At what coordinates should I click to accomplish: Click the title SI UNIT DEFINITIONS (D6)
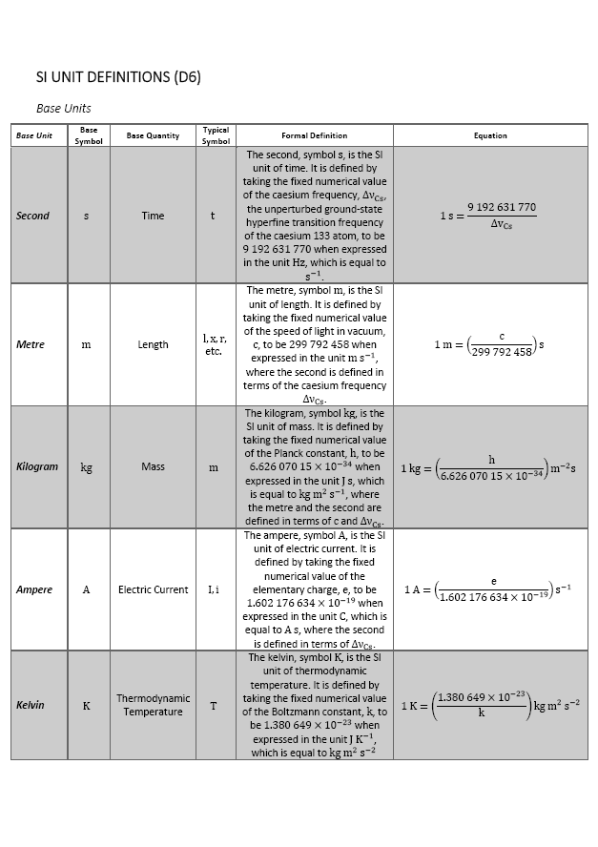[x=118, y=77]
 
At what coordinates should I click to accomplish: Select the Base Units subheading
[x=64, y=109]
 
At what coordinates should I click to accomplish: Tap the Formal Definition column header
[x=314, y=135]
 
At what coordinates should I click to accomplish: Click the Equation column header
[x=490, y=135]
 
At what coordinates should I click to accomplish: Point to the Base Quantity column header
[x=153, y=135]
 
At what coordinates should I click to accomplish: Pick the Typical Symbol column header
[x=216, y=135]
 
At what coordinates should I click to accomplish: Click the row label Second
[x=32, y=216]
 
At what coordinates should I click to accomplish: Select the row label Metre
[x=31, y=344]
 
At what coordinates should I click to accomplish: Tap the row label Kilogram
[x=37, y=466]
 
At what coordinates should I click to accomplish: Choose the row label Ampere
[x=34, y=589]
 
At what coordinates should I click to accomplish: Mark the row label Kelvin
[x=31, y=705]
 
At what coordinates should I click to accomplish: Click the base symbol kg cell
[x=87, y=467]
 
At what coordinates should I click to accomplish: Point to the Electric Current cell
[x=153, y=589]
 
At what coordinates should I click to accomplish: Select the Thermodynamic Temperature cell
[x=153, y=705]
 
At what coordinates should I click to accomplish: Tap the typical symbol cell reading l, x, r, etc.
[x=214, y=344]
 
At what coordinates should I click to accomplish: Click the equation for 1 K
[x=490, y=705]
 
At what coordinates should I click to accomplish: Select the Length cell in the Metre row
[x=153, y=344]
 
